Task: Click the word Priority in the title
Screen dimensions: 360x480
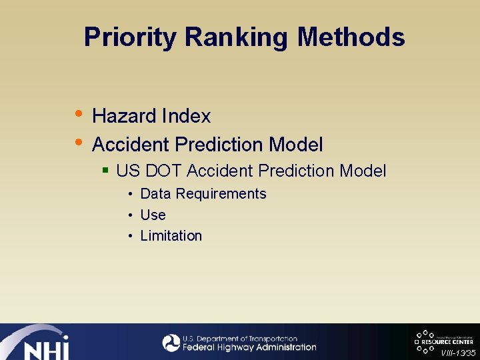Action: (x=131, y=37)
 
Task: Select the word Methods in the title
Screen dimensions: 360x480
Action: (x=351, y=37)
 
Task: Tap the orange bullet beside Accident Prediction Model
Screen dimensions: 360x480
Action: (x=79, y=141)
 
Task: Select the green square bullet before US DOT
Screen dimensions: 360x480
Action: (x=105, y=171)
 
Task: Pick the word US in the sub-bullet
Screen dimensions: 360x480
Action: (x=128, y=171)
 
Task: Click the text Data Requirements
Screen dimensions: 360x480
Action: (x=203, y=194)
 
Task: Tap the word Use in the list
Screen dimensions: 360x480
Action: (x=153, y=215)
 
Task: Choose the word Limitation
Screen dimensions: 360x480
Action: (x=171, y=236)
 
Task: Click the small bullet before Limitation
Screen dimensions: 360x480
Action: (x=131, y=236)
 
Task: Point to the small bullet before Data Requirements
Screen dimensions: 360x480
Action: (x=131, y=194)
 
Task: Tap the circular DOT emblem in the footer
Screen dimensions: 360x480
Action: (x=171, y=343)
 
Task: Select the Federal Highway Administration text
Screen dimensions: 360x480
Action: (x=249, y=347)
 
